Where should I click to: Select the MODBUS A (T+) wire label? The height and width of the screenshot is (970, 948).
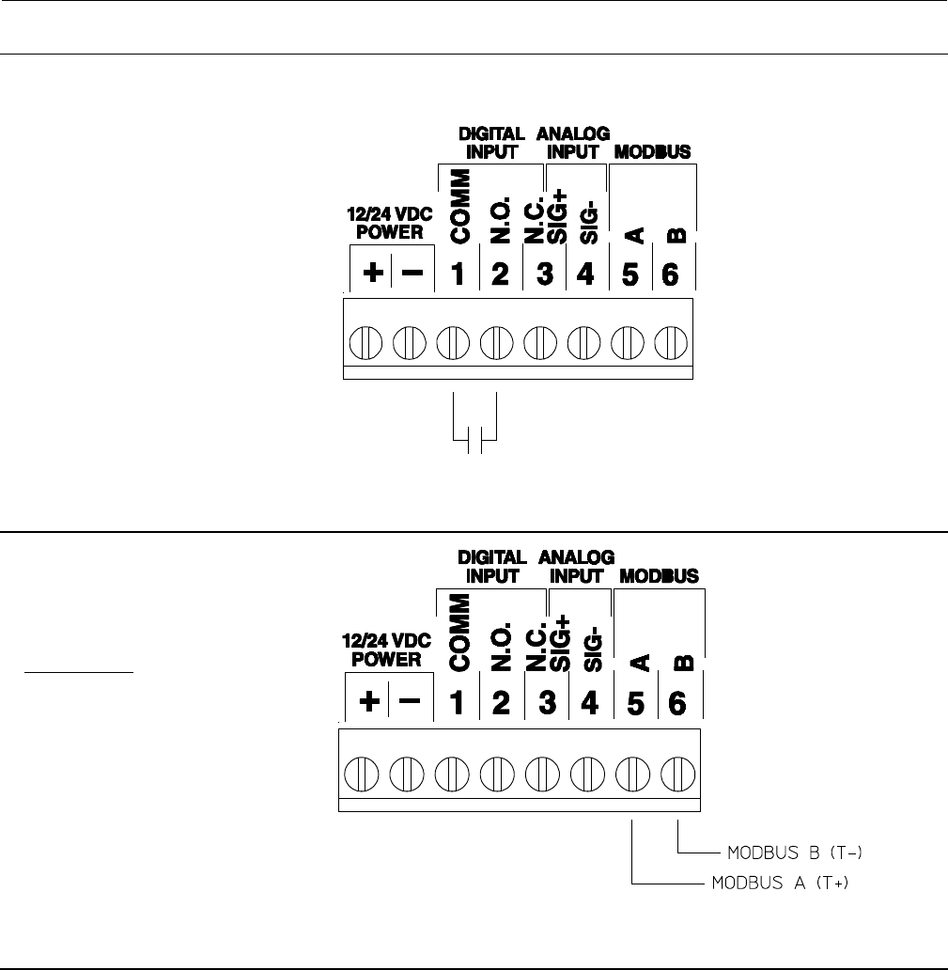(780, 884)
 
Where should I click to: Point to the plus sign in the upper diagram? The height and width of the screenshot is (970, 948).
(373, 274)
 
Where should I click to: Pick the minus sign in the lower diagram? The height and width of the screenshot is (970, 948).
(412, 701)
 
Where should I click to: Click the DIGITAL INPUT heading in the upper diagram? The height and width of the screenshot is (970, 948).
(491, 143)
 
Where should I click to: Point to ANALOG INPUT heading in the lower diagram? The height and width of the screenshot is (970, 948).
(577, 567)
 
